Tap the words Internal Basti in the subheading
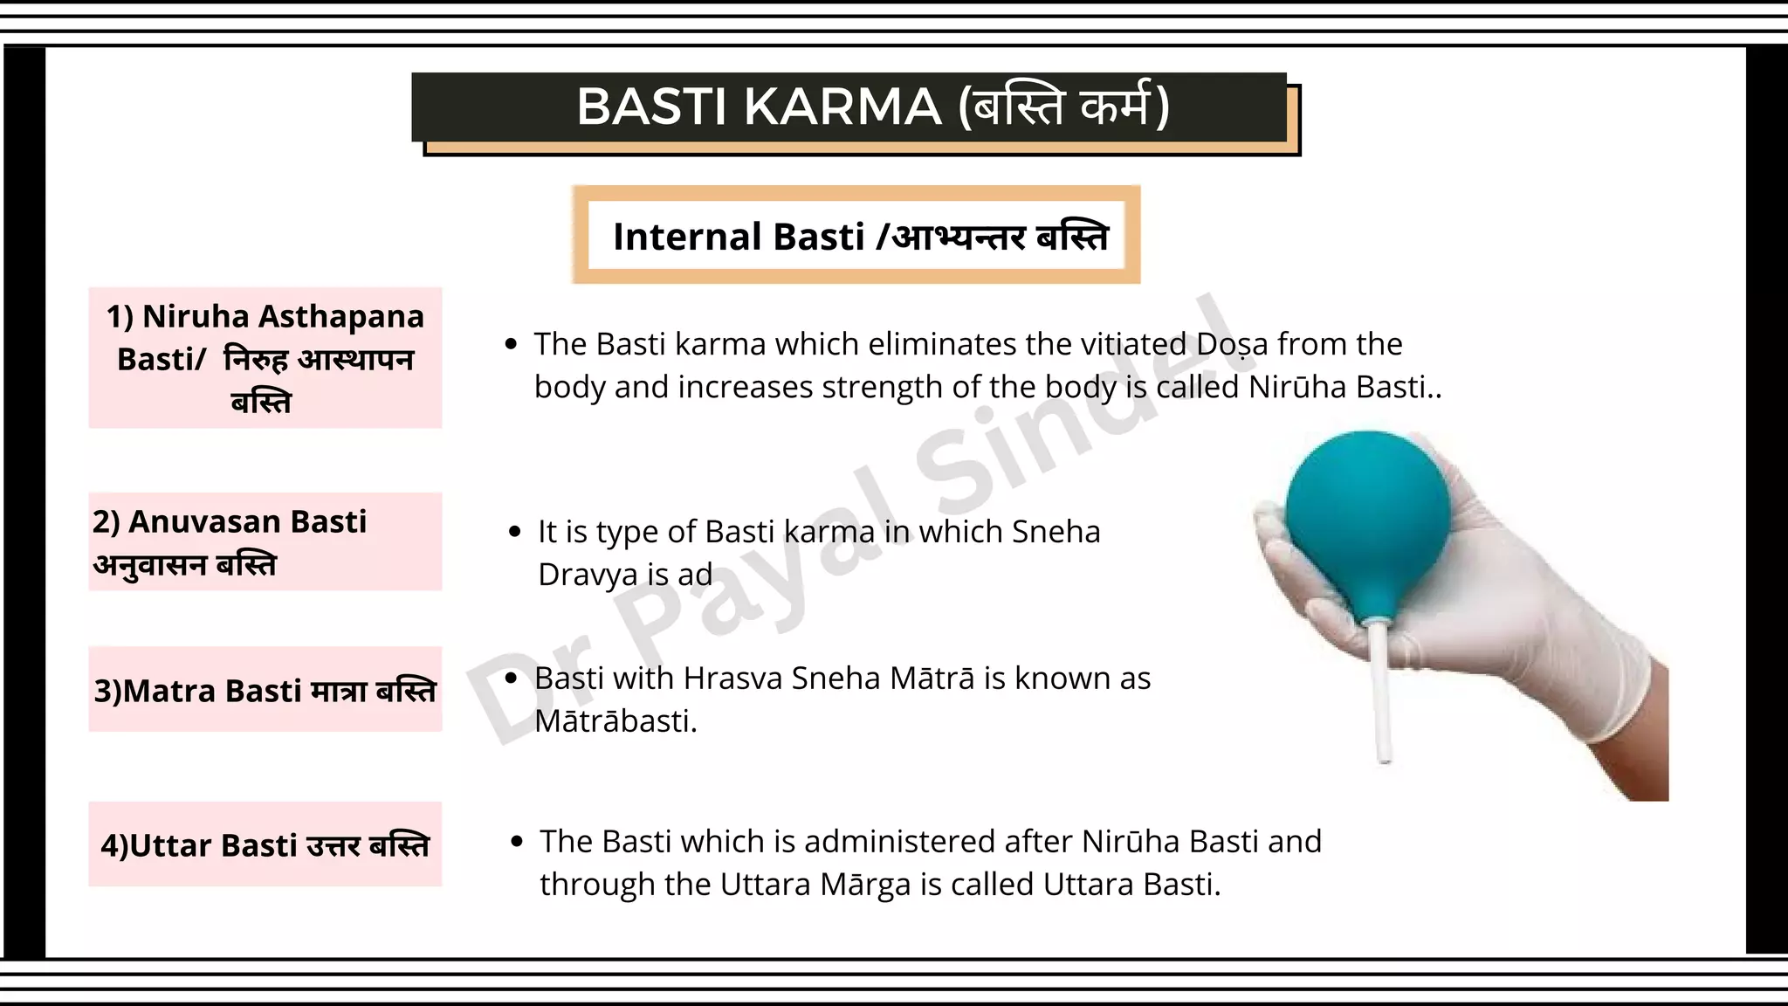click(x=738, y=237)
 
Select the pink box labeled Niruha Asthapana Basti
click(x=265, y=358)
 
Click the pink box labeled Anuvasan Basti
click(x=265, y=541)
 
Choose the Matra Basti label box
click(x=265, y=690)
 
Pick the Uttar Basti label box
click(x=265, y=844)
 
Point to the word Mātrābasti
click(x=615, y=721)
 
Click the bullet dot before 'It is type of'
click(x=515, y=532)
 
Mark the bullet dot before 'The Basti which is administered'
click(x=517, y=842)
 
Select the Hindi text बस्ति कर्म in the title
click(x=1062, y=107)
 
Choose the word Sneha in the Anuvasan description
click(x=1056, y=532)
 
